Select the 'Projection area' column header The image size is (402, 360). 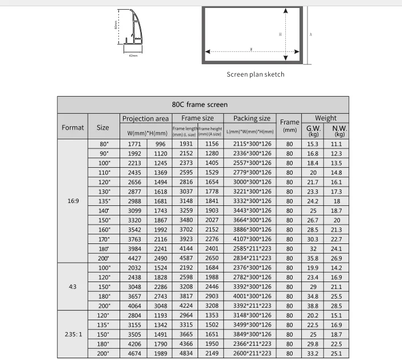tap(145, 119)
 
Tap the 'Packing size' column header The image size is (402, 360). tap(252, 119)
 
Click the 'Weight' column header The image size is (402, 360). tap(326, 118)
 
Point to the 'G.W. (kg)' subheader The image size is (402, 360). tap(314, 131)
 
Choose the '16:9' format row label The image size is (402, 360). tap(73, 201)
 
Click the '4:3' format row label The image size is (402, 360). tap(73, 287)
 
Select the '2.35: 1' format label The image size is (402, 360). tap(73, 334)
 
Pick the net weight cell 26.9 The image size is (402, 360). tap(337, 258)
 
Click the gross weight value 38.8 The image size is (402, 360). tap(313, 305)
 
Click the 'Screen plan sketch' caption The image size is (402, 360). tap(255, 75)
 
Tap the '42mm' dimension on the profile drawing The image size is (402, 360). tap(133, 56)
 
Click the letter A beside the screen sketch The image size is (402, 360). tap(311, 34)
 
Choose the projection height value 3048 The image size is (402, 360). tap(160, 305)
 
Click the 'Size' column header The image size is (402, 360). tap(102, 127)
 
